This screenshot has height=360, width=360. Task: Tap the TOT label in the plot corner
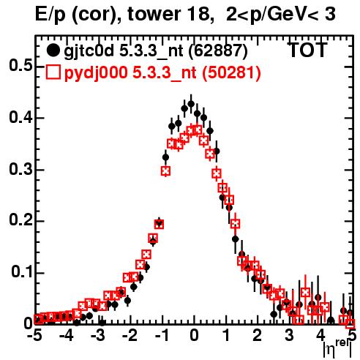pyautogui.click(x=307, y=50)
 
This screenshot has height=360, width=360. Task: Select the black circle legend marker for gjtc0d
pyautogui.click(x=53, y=50)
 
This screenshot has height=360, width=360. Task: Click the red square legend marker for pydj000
pyautogui.click(x=53, y=72)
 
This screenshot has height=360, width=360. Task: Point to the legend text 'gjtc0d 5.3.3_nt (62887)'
pyautogui.click(x=156, y=51)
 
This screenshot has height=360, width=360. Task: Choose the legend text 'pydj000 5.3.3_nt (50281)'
pyautogui.click(x=162, y=72)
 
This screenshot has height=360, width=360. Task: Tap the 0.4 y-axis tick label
pyautogui.click(x=20, y=117)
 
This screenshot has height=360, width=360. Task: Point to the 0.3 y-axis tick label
pyautogui.click(x=20, y=169)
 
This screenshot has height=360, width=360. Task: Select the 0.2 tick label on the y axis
pyautogui.click(x=20, y=220)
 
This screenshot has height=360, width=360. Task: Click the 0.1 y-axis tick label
pyautogui.click(x=21, y=271)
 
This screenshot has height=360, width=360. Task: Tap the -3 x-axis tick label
pyautogui.click(x=98, y=336)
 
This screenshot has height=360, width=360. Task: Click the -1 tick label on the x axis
pyautogui.click(x=162, y=336)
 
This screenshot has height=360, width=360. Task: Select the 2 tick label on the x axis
pyautogui.click(x=258, y=336)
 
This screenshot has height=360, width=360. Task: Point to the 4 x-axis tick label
pyautogui.click(x=320, y=336)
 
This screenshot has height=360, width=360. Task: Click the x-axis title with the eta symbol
pyautogui.click(x=337, y=349)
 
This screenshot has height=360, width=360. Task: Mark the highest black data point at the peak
pyautogui.click(x=191, y=104)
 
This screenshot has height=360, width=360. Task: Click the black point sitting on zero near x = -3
pyautogui.click(x=102, y=323)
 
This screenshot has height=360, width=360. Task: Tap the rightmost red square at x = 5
pyautogui.click(x=350, y=323)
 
